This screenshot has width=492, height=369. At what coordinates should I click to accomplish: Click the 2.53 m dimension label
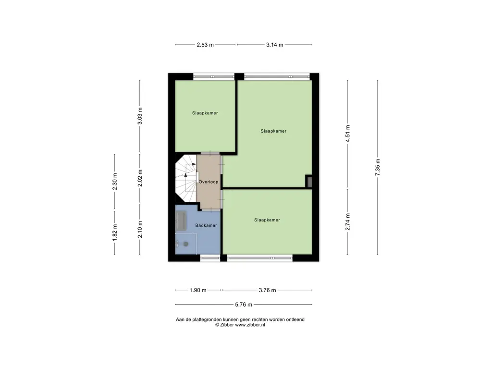[205, 45]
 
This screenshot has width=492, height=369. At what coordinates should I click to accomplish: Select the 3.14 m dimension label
[274, 45]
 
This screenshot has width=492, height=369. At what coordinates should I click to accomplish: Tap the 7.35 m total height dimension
[378, 167]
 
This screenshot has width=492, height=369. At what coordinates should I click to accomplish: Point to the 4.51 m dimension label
[348, 134]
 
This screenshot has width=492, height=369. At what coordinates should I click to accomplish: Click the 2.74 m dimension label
[348, 222]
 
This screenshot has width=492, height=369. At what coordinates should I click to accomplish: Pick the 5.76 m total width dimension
[244, 305]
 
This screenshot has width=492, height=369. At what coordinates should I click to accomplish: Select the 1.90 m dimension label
[197, 290]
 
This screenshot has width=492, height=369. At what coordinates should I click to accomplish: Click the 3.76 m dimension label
[267, 290]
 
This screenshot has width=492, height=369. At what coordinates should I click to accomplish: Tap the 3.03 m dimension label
[140, 116]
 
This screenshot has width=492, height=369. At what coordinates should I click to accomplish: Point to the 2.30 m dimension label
[115, 182]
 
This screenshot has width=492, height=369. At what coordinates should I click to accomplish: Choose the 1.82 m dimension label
[115, 233]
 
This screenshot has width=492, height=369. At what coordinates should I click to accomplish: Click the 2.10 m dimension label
[140, 229]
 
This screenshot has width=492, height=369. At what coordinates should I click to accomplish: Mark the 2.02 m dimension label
[140, 178]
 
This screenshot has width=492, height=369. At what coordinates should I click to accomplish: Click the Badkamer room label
[206, 225]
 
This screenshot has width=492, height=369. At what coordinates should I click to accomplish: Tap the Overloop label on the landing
[209, 182]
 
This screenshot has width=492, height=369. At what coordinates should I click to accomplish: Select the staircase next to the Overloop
[186, 178]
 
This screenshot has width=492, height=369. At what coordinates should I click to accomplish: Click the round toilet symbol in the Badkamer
[186, 244]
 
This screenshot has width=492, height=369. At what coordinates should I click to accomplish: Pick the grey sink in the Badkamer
[181, 221]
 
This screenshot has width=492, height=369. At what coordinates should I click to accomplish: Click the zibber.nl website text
[250, 325]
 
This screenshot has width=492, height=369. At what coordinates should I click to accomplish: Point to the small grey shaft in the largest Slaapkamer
[309, 182]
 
